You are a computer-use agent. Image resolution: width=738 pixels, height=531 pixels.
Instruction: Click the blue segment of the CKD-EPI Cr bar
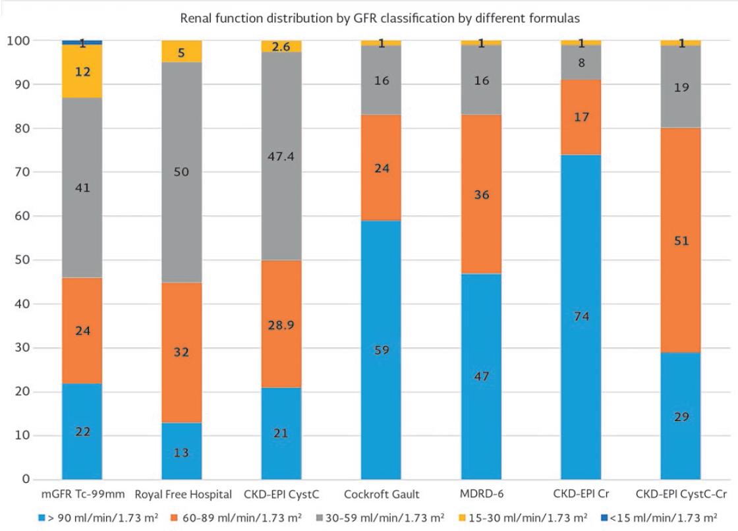[581, 316]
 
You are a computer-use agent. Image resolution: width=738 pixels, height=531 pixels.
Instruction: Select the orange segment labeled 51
[680, 240]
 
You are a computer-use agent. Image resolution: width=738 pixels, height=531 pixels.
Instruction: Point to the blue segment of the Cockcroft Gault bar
[381, 349]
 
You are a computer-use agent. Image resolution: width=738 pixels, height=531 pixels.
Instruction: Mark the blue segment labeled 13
[182, 451]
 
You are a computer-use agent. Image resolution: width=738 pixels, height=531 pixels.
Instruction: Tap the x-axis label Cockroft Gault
[381, 494]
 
